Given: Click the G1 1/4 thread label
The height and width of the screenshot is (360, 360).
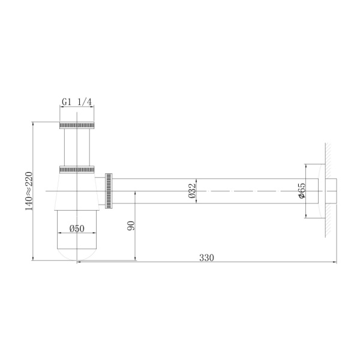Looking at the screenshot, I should click(x=77, y=102).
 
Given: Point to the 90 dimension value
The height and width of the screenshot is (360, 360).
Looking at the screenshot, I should click(x=131, y=226).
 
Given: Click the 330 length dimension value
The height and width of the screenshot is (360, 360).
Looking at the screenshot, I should click(x=206, y=257).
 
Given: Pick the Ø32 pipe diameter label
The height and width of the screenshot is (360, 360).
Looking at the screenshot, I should click(x=191, y=190).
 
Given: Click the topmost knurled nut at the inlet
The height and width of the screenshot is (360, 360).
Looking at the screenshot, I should click(x=77, y=125).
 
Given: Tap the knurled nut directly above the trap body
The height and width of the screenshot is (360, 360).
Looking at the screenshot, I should click(x=77, y=168).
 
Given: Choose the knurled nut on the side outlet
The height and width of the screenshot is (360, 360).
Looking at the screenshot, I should click(x=109, y=191).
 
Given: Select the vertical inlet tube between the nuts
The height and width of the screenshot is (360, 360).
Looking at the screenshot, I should click(x=77, y=145).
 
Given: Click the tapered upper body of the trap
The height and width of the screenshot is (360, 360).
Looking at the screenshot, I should click(x=77, y=192).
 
